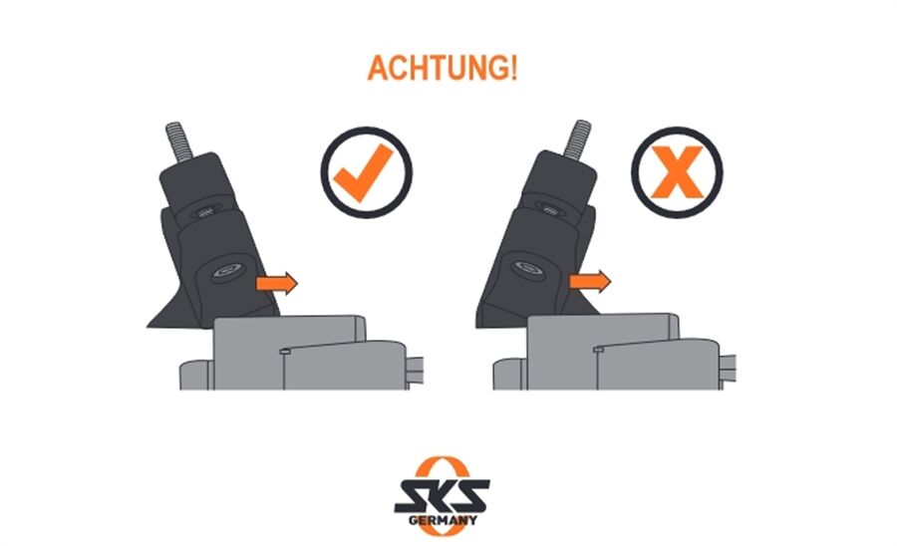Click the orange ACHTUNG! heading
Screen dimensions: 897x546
pyautogui.click(x=443, y=68)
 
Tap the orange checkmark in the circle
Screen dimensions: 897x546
pyautogui.click(x=363, y=172)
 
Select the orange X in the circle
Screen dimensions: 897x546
pyautogui.click(x=677, y=172)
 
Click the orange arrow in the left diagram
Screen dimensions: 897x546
pyautogui.click(x=277, y=283)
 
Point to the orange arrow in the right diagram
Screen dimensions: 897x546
pyautogui.click(x=590, y=281)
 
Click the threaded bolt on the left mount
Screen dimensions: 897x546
pyautogui.click(x=178, y=141)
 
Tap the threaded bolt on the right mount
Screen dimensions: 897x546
pyautogui.click(x=577, y=138)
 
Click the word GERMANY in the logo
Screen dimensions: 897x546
pyautogui.click(x=443, y=520)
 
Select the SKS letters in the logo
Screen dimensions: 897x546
pyautogui.click(x=442, y=496)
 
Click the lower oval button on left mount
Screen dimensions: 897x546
pyautogui.click(x=228, y=272)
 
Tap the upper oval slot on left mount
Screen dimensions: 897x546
pyautogui.click(x=204, y=213)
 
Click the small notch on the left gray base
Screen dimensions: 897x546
pyautogui.click(x=284, y=352)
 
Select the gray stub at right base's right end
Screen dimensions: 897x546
pyautogui.click(x=728, y=369)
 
